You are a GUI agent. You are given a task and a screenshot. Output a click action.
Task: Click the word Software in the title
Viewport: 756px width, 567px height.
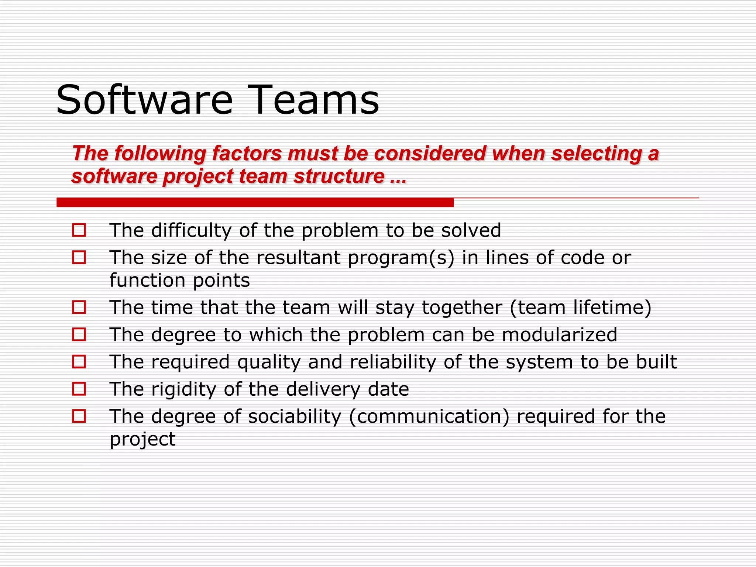144,100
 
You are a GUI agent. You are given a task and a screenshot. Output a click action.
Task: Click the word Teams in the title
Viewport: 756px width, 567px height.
316,100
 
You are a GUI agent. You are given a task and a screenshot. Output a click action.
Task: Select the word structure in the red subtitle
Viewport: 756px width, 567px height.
339,176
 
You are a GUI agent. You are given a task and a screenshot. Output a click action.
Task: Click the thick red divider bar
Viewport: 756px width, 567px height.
255,202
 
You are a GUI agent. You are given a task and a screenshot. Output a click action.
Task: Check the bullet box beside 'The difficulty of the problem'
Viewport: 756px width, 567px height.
79,230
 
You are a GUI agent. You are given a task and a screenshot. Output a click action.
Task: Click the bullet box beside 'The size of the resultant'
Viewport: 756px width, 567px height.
79,257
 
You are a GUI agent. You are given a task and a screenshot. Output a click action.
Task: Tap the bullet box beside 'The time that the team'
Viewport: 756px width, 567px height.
79,307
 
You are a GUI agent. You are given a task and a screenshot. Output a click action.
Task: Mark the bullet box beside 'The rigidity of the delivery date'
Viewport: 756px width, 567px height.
79,389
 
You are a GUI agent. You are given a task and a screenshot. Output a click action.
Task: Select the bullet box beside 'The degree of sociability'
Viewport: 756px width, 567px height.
79,416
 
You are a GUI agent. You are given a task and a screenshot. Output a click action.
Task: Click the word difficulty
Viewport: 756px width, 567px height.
191,230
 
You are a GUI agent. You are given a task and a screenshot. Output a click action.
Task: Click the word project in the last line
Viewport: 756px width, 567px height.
142,439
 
